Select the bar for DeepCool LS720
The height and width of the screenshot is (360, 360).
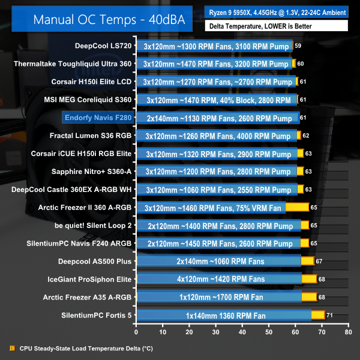tap(215, 46)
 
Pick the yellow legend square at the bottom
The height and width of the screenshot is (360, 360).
tap(13, 347)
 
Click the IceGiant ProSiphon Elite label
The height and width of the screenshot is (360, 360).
tap(90, 279)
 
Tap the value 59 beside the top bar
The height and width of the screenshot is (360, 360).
tap(298, 46)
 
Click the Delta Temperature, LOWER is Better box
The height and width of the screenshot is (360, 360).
tap(276, 26)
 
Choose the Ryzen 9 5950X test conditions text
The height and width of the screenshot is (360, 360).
tap(276, 11)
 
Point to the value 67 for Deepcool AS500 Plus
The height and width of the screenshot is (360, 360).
tap(320, 261)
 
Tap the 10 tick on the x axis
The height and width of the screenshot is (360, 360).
tap(163, 331)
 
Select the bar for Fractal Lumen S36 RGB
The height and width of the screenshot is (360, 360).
tap(217, 136)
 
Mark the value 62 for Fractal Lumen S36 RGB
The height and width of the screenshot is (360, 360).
tap(306, 136)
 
